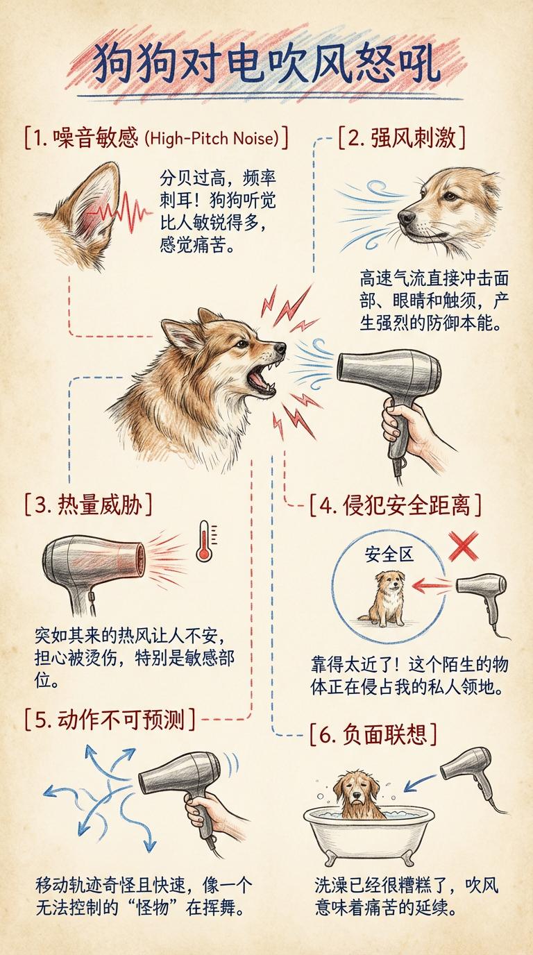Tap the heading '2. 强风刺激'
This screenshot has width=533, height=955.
click(x=402, y=137)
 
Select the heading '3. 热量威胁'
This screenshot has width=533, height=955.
click(x=88, y=505)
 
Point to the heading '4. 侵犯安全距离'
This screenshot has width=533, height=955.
click(x=395, y=505)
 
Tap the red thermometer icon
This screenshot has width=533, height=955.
click(x=205, y=541)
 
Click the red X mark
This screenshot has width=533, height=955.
click(x=463, y=546)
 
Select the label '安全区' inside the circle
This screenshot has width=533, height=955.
click(x=389, y=555)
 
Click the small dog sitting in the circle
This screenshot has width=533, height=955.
click(x=385, y=598)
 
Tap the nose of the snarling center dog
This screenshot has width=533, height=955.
click(x=280, y=348)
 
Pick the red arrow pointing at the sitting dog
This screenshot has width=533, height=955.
click(x=432, y=586)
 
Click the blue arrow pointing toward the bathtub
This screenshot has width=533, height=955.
click(x=420, y=782)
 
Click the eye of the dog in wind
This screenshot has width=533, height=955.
click(x=450, y=196)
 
